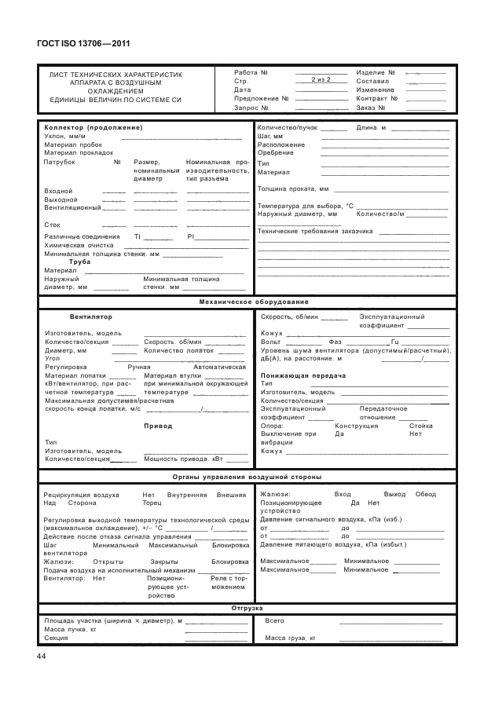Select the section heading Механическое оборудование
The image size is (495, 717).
(x=247, y=302)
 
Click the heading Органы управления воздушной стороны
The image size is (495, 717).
(x=247, y=477)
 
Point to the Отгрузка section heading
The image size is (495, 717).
(x=247, y=608)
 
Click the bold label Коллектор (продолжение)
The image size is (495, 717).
(x=93, y=127)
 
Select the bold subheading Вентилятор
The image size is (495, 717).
(x=91, y=316)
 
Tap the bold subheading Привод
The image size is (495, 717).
(x=157, y=426)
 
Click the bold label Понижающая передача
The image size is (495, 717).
(x=295, y=375)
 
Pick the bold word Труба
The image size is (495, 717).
(x=80, y=262)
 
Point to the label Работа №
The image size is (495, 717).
(x=251, y=71)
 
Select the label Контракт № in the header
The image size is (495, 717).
(x=377, y=98)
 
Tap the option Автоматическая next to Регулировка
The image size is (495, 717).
(x=220, y=367)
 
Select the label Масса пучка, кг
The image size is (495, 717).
(x=70, y=630)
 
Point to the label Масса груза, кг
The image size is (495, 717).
(x=290, y=638)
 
